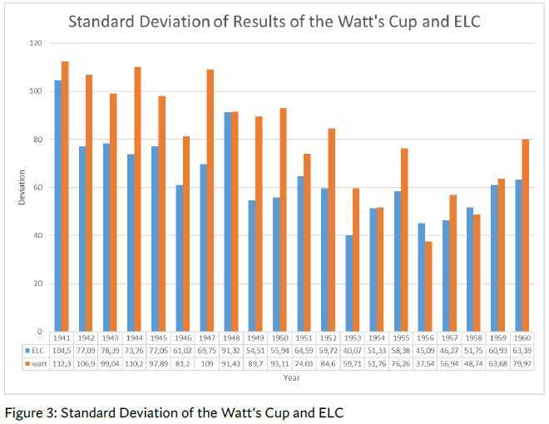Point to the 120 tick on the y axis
(37, 42)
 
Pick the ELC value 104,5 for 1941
(62, 351)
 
